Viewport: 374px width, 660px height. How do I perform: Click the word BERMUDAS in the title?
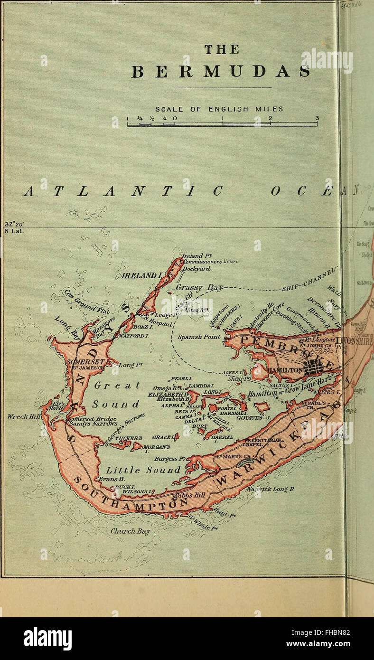(x=221, y=72)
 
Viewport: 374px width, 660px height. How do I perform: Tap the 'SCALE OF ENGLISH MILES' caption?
(x=219, y=109)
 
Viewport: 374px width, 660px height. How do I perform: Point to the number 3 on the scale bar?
(x=317, y=118)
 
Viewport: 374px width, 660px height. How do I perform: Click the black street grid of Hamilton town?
(x=313, y=367)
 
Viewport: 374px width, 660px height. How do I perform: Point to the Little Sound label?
(x=143, y=470)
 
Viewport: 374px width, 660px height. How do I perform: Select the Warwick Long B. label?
(x=271, y=489)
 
